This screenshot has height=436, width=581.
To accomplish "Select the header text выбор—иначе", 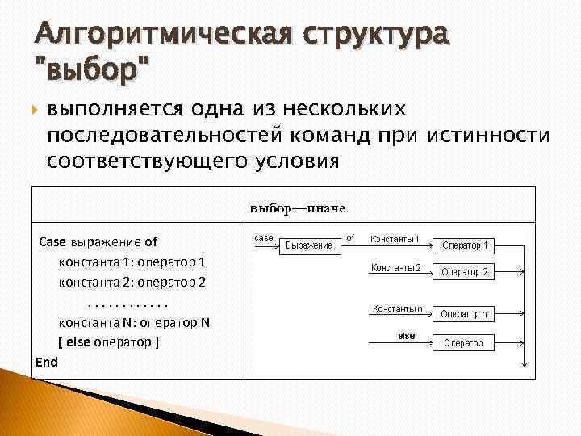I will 297,208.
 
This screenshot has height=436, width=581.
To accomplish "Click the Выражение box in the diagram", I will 309,245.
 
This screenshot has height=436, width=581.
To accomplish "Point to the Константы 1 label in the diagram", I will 394,239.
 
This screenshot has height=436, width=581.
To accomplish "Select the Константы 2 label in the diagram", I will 395,267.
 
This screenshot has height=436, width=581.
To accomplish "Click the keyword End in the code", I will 47,362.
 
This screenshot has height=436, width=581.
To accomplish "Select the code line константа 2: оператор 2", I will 132,283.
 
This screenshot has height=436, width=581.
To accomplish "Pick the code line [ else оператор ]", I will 108,342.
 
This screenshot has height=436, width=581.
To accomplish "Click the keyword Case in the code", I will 53,241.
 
